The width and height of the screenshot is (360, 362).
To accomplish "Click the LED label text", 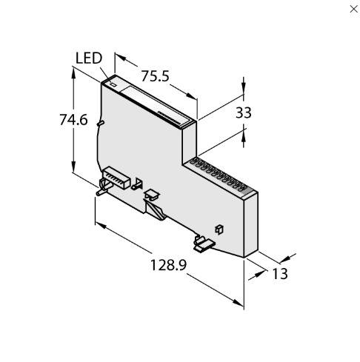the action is click(89, 58).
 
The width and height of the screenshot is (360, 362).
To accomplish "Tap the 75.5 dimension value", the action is click(155, 76).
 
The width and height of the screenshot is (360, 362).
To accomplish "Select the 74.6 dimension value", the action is click(73, 120).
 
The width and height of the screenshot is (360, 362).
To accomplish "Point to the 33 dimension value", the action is click(244, 113).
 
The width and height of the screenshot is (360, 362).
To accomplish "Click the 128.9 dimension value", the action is click(168, 265).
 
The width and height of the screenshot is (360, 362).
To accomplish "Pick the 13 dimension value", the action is click(280, 274).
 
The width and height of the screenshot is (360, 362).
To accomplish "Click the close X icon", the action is click(353, 9).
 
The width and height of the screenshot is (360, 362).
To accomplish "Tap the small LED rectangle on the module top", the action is click(113, 84).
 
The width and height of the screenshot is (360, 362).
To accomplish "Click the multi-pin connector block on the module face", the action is click(116, 178).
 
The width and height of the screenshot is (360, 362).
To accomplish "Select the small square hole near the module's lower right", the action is click(219, 229).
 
